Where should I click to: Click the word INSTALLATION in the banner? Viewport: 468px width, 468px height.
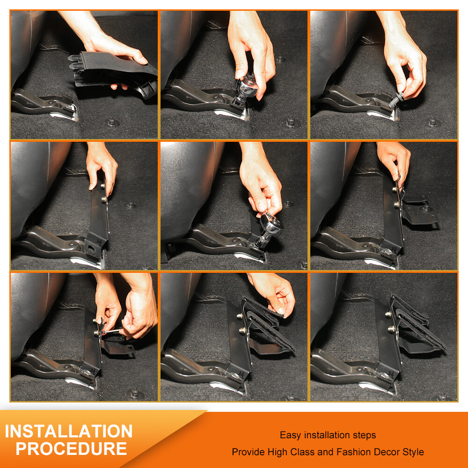(69, 431)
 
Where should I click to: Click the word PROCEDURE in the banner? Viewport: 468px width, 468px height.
(71, 449)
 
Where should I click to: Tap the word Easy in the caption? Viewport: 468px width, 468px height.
(291, 435)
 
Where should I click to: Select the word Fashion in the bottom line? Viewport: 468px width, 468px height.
(354, 452)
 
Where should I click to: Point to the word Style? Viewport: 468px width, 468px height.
(412, 452)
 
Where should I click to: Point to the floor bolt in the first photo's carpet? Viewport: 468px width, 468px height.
(112, 123)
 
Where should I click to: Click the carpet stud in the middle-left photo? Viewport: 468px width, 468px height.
(131, 205)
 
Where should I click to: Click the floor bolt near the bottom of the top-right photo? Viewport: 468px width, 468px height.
(433, 123)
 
